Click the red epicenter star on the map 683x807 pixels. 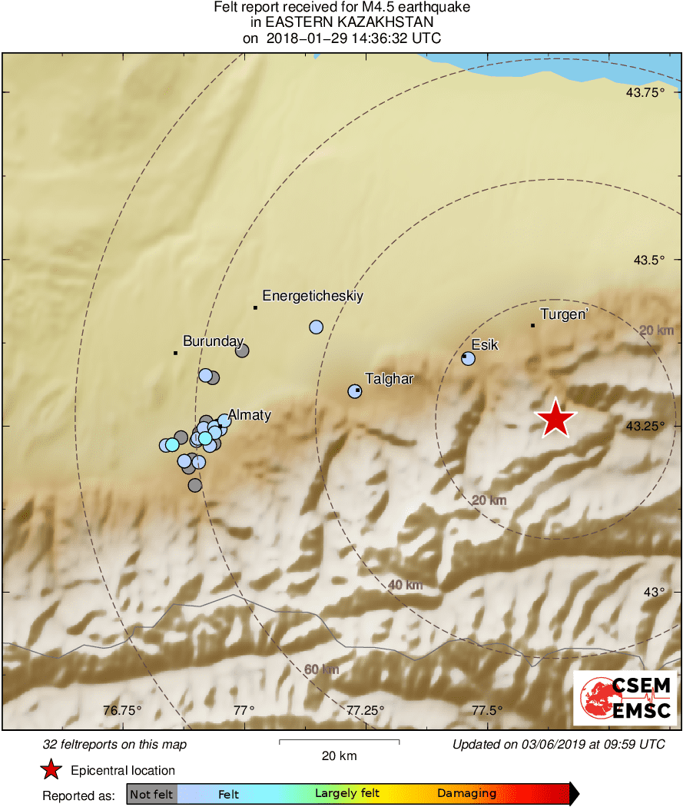[555, 419]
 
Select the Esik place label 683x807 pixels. [485, 344]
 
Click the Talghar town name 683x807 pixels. [390, 379]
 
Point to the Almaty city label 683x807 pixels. [249, 415]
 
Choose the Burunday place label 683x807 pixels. [213, 341]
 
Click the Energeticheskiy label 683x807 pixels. [313, 295]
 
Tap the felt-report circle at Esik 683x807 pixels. [468, 358]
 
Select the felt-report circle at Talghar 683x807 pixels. [355, 391]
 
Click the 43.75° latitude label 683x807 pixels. [645, 93]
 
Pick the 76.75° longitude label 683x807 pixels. [123, 709]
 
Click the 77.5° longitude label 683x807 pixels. [486, 709]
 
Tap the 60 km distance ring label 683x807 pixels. [321, 669]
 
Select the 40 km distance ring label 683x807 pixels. [406, 585]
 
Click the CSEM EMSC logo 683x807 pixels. [625, 698]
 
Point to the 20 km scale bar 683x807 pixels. [339, 741]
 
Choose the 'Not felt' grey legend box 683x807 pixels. [152, 794]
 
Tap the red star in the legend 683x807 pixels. [51, 769]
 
